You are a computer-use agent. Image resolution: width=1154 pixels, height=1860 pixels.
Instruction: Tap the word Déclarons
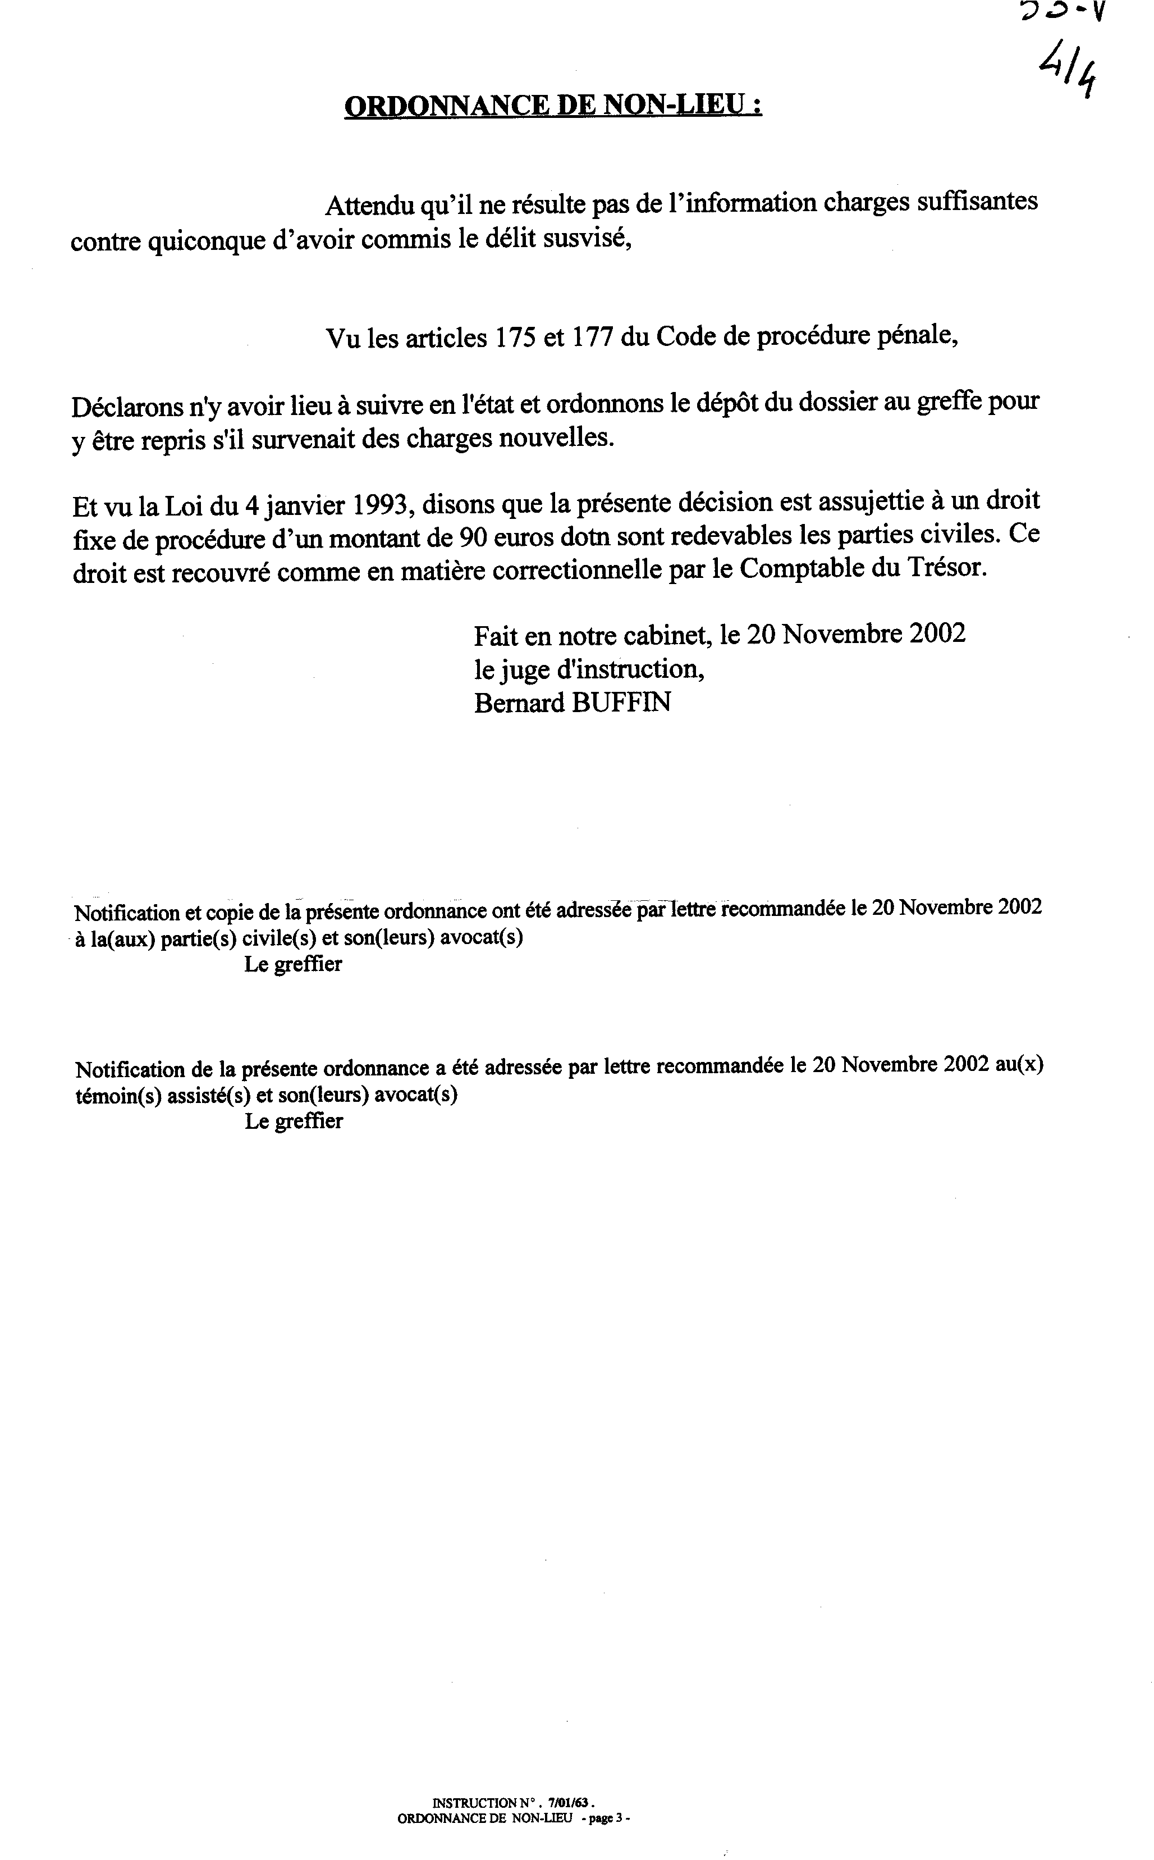tap(123, 405)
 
